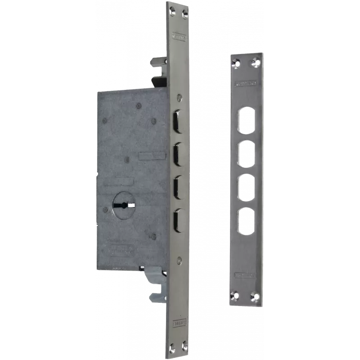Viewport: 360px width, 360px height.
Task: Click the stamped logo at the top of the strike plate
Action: pos(246,83)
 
